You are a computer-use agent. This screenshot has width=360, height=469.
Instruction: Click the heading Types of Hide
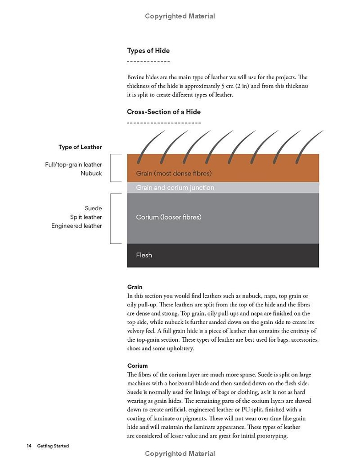148,50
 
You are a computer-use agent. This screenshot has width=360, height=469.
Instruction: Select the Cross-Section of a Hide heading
164,112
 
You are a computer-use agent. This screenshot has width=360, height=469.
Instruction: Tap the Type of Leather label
80,147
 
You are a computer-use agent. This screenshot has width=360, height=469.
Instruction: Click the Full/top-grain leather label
73,164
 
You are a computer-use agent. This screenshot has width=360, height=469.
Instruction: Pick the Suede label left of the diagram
93,208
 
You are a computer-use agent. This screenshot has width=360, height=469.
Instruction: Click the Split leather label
86,217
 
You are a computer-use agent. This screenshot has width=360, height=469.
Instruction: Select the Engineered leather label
76,226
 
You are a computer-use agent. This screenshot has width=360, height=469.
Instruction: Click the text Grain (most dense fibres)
174,174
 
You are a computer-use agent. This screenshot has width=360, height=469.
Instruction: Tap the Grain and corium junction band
175,188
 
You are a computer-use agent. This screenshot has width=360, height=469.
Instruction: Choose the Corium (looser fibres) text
169,217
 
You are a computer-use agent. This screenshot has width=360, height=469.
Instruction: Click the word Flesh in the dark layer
144,255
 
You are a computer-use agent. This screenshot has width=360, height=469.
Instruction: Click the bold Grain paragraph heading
135,287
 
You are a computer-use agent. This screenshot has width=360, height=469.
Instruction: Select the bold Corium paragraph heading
137,366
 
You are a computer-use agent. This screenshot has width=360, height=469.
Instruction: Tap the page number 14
29,446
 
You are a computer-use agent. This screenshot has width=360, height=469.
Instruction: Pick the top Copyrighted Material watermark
180,16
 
